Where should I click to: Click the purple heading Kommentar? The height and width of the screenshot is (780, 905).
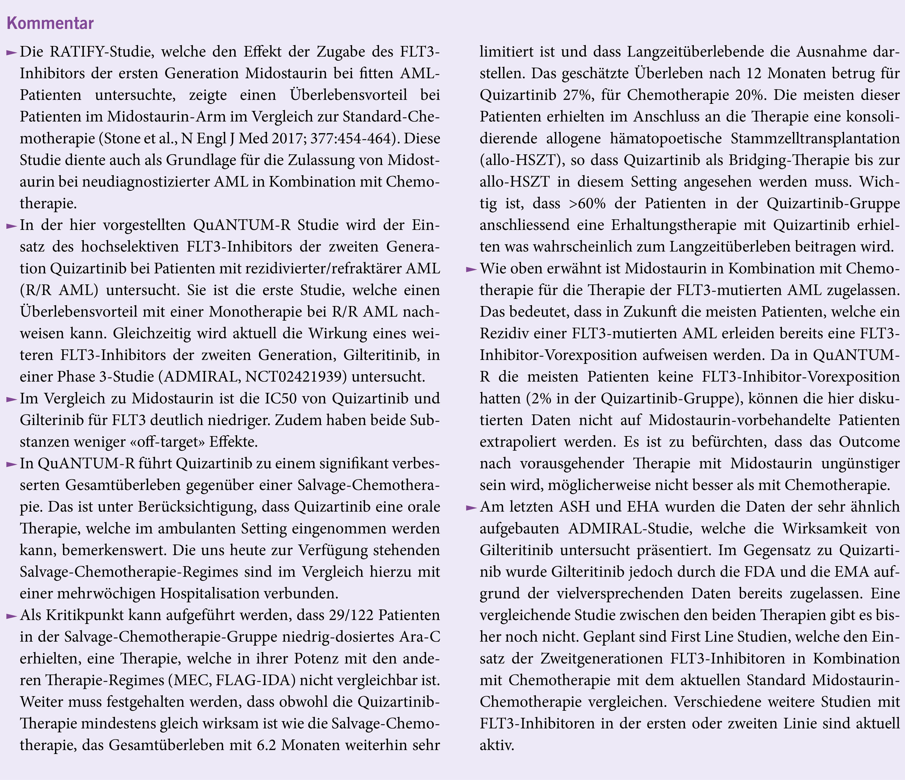coord(50,23)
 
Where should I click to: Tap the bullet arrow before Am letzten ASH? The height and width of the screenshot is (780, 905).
coord(471,508)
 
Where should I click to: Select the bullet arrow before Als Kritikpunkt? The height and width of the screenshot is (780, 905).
coord(11,616)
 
